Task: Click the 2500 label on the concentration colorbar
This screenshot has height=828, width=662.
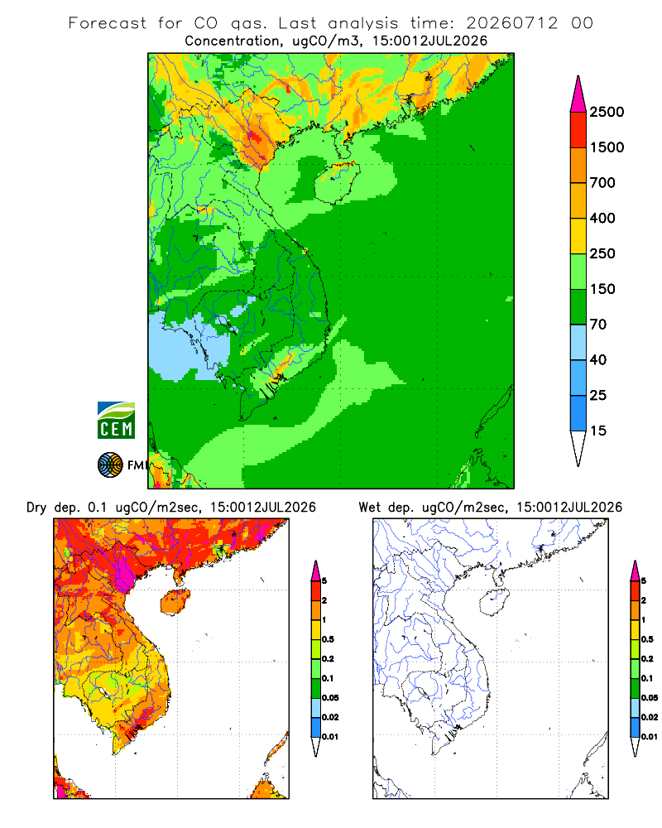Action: (607, 112)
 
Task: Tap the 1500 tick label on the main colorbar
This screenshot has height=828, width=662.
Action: (607, 147)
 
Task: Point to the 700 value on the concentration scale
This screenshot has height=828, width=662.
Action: (602, 183)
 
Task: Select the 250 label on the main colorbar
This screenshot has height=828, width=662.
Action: (602, 253)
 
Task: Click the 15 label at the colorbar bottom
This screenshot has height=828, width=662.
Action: (598, 431)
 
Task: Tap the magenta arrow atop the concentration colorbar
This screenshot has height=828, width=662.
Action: (578, 94)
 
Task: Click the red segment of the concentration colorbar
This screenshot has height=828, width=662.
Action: (578, 130)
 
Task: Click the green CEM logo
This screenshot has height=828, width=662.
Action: (116, 421)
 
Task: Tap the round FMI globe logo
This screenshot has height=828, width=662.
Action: (110, 465)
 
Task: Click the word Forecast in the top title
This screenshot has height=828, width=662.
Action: (108, 23)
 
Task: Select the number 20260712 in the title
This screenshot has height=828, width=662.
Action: (511, 23)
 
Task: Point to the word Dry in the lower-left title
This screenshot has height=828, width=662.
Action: (36, 508)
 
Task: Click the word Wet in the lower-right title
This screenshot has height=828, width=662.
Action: (370, 508)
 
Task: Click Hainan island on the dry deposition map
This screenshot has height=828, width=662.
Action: (175, 601)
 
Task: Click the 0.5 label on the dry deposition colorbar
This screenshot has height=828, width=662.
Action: (328, 639)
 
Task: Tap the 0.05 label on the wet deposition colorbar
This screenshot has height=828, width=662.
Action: (650, 698)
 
